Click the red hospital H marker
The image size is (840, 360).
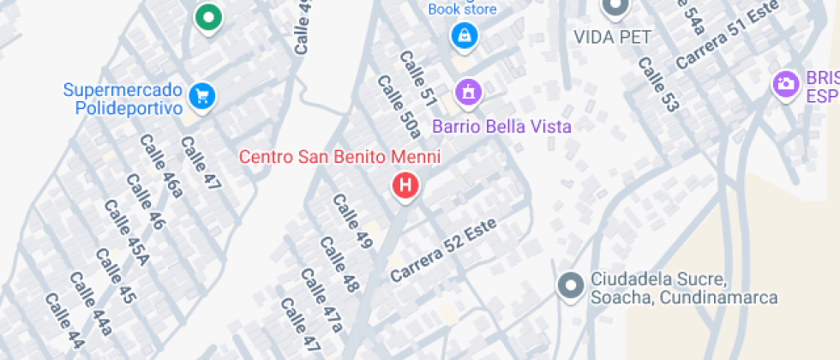[x=405, y=184]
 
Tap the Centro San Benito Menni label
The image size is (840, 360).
[x=339, y=157]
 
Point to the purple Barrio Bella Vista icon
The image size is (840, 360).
[x=468, y=91]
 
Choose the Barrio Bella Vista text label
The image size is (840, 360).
[x=501, y=127]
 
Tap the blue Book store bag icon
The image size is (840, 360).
[x=464, y=35]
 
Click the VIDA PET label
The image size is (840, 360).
[x=612, y=37]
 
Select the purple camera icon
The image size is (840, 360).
[x=784, y=84]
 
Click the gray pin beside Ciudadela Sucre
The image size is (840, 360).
[x=569, y=285]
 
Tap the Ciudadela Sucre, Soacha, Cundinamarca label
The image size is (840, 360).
[x=684, y=289]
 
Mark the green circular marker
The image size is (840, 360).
[x=207, y=16]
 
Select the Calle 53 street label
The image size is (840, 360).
[x=657, y=84]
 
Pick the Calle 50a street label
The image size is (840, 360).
[x=399, y=106]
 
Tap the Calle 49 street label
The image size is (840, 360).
[x=352, y=222]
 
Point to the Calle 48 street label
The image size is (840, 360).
[x=339, y=265]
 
